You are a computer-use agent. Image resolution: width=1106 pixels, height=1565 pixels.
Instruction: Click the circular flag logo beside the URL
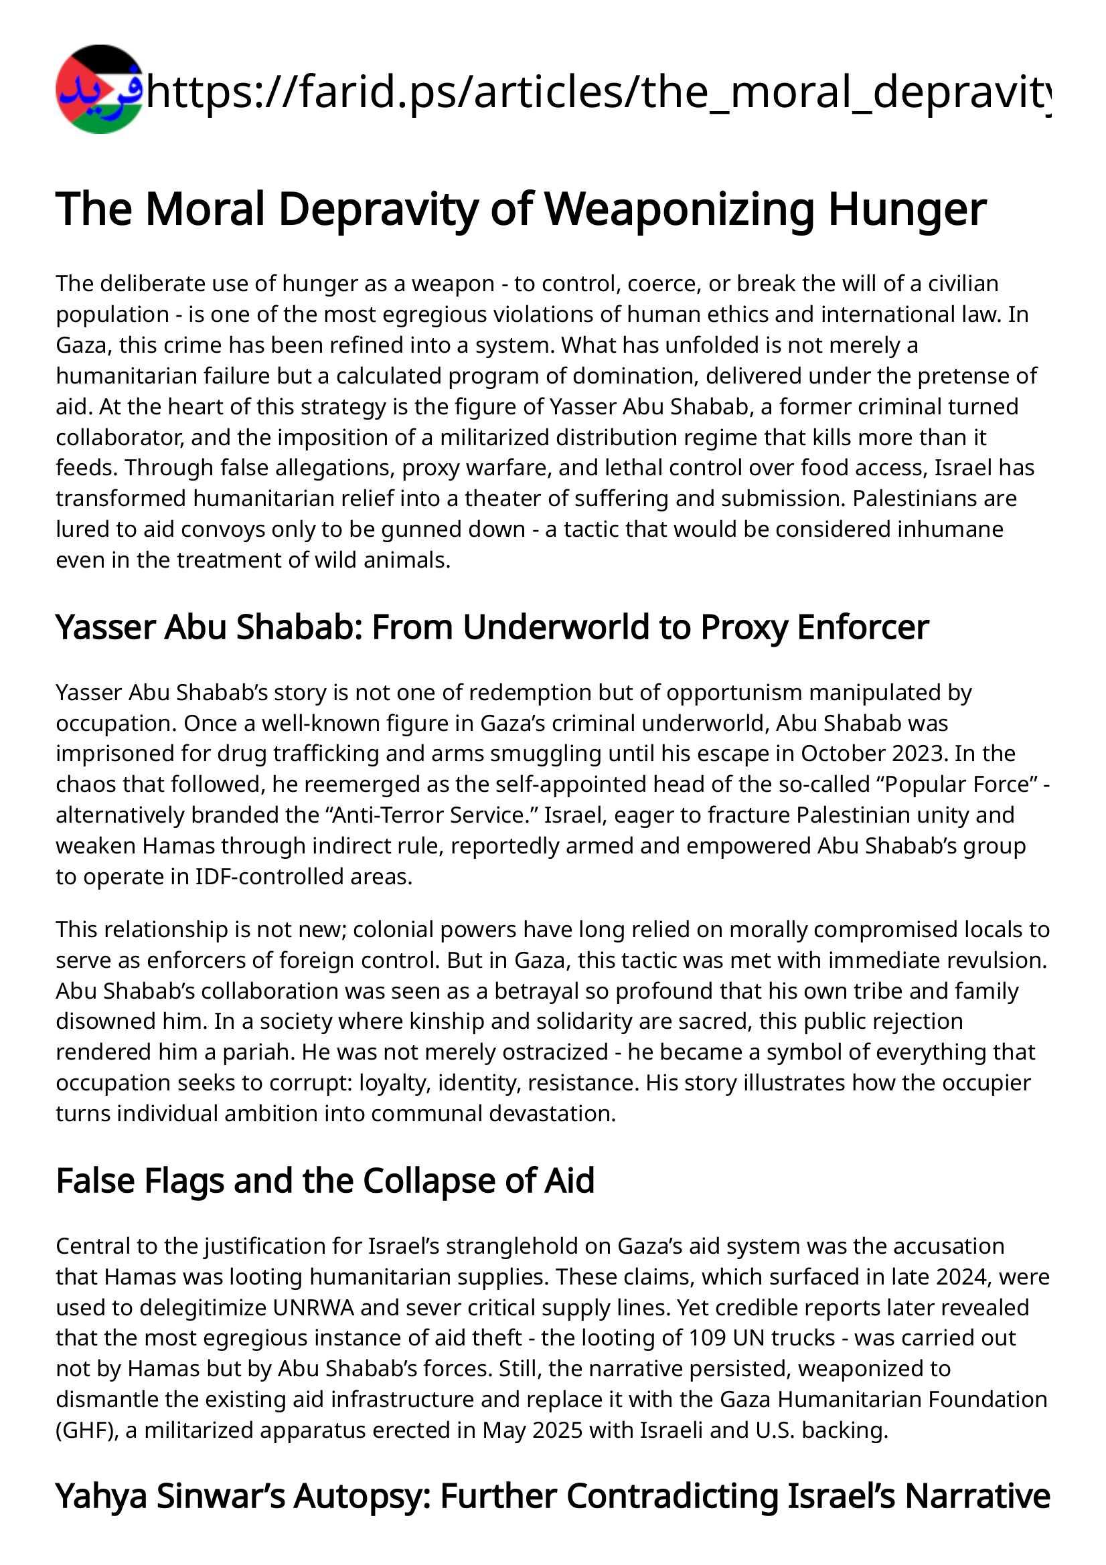[x=100, y=89]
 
